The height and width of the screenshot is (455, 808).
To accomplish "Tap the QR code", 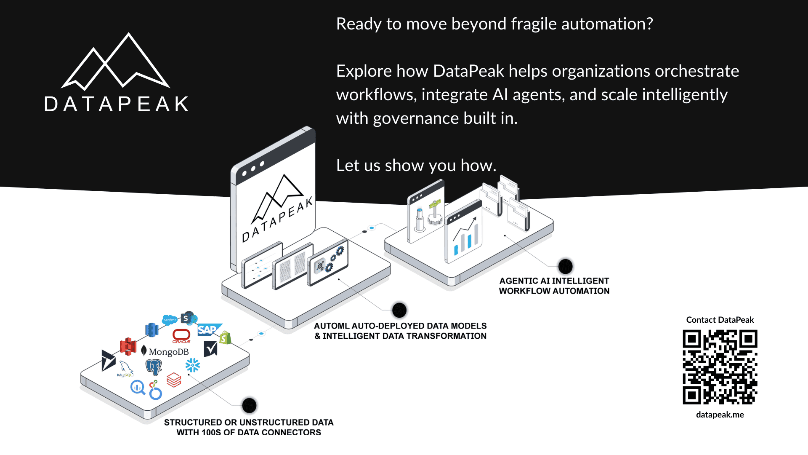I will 720,367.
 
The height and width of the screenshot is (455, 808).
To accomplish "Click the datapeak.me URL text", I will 720,415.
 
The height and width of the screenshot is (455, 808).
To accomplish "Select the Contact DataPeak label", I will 720,320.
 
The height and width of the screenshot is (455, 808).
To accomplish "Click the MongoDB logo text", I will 168,352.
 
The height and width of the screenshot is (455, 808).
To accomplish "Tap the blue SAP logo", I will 207,329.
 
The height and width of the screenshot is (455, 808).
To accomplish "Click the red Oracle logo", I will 181,335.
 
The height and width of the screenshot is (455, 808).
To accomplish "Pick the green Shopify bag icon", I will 225,338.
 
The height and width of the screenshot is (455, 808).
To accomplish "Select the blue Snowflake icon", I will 193,365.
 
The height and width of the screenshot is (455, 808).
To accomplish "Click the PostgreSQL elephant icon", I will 154,367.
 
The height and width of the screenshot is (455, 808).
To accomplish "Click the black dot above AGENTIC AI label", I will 565,266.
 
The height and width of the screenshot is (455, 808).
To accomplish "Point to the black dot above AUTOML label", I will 399,310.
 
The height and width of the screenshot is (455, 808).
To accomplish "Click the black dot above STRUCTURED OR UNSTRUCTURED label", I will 249,406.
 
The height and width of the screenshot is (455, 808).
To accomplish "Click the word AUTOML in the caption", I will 331,326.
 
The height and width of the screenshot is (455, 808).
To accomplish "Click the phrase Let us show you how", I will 416,165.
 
